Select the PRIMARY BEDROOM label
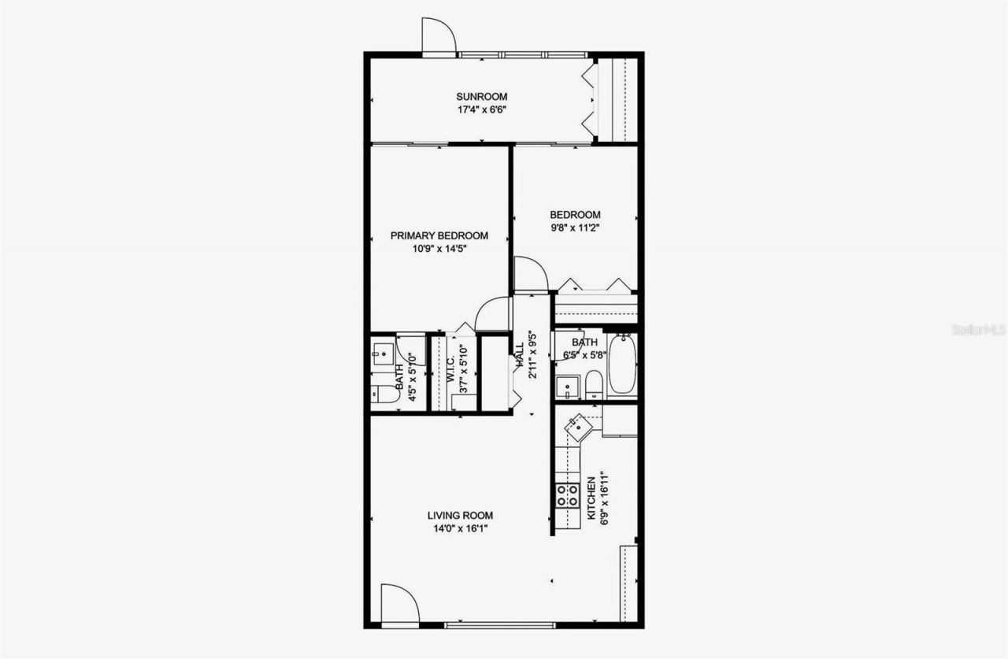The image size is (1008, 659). point(439,235)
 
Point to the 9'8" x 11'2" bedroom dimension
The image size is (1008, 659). point(575,228)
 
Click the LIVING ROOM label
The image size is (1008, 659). point(460,516)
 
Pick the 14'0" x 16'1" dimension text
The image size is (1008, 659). point(460,529)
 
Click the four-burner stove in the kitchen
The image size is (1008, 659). point(567,494)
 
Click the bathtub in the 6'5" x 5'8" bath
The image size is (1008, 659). point(622,365)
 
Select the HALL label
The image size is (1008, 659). point(520,357)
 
